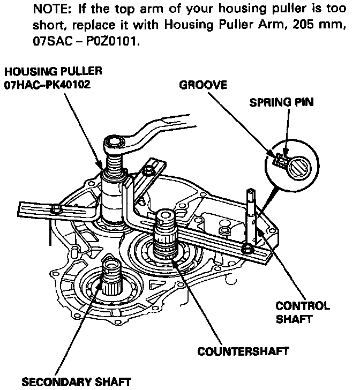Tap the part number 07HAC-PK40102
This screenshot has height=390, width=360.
click(51, 85)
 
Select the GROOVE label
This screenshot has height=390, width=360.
click(203, 85)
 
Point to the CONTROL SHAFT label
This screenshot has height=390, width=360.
click(303, 312)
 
